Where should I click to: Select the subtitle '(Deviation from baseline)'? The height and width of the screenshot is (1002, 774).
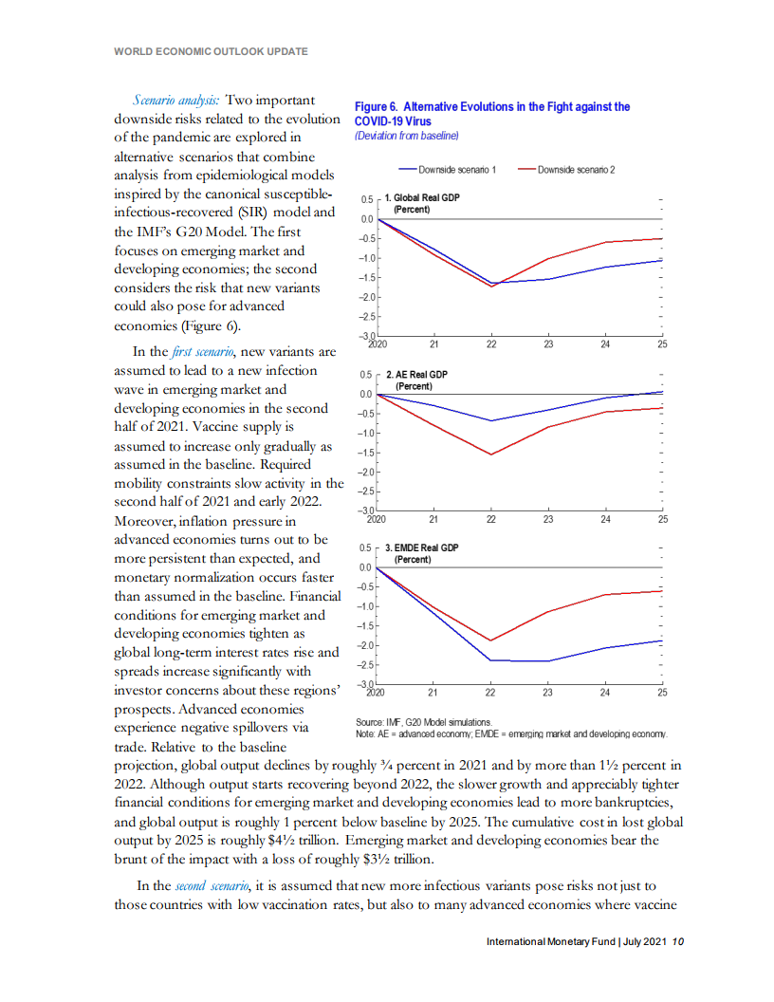point(406,136)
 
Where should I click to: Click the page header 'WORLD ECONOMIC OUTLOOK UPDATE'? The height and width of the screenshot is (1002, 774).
point(210,50)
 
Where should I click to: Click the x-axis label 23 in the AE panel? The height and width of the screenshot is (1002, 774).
point(548,520)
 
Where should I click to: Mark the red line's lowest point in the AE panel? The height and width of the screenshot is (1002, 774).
point(491,455)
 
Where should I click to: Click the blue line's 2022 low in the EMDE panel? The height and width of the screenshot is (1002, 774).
point(491,660)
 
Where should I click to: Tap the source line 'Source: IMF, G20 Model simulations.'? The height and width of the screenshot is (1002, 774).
point(423,723)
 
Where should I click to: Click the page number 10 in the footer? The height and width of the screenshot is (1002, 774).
point(678,942)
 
